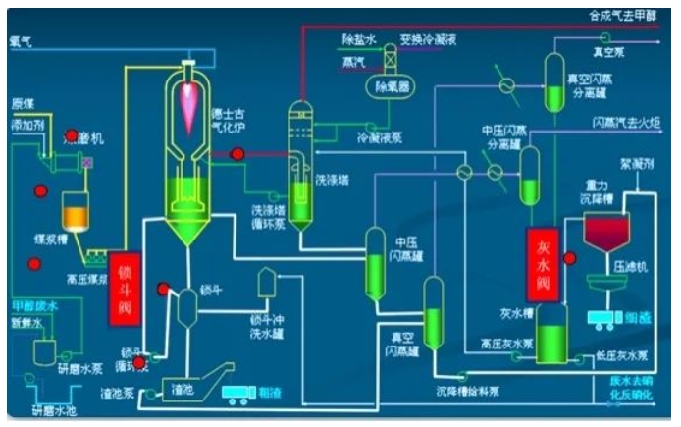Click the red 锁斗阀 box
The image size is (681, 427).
[126, 286]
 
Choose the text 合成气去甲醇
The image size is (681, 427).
[622, 16]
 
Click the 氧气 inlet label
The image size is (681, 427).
[21, 42]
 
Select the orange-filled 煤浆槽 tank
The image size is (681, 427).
[76, 212]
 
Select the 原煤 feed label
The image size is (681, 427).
[22, 103]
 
